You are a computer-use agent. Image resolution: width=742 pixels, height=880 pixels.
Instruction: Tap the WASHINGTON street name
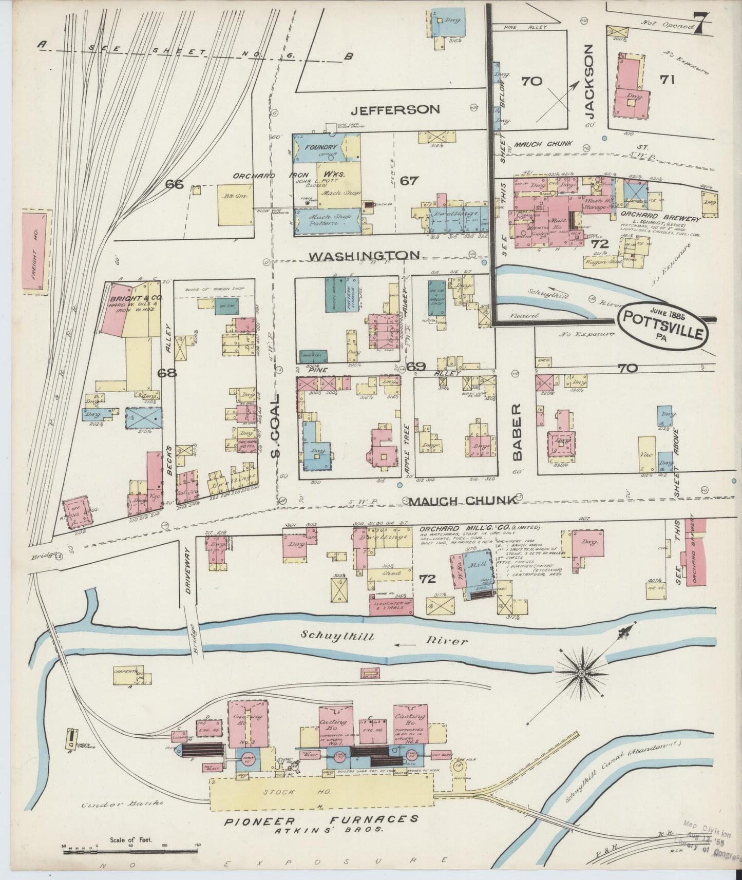pyautogui.click(x=365, y=255)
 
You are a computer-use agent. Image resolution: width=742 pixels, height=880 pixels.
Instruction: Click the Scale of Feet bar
pyautogui.click(x=131, y=851)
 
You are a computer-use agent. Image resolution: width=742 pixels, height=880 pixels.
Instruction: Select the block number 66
pyautogui.click(x=175, y=184)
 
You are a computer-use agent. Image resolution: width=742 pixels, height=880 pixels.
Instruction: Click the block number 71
pyautogui.click(x=668, y=80)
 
